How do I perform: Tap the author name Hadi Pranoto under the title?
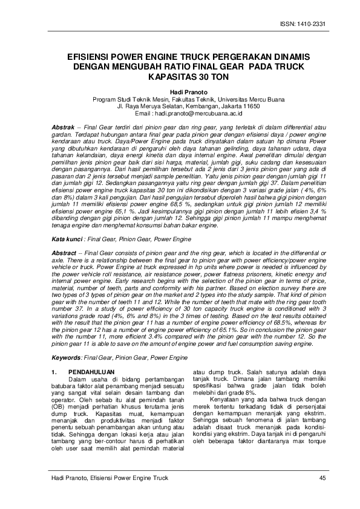coord(180,91)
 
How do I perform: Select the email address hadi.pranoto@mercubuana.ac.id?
coord(198,113)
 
